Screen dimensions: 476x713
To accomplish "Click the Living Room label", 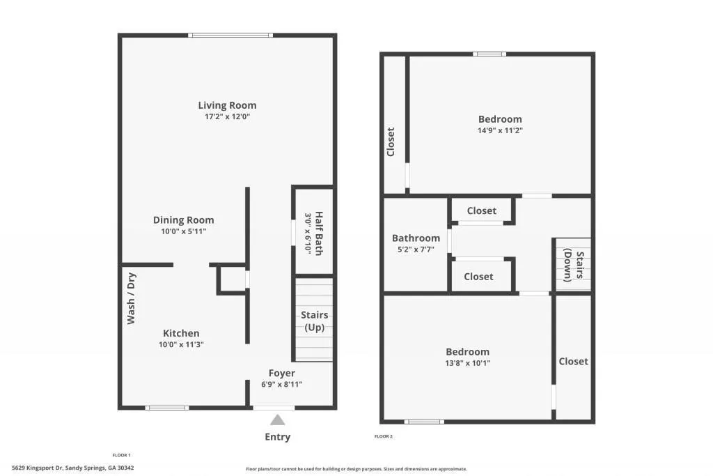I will point(227,105).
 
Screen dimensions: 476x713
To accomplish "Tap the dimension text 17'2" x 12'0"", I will point(227,117).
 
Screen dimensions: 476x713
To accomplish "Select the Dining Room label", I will point(183,220).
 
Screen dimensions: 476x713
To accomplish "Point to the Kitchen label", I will point(181,333).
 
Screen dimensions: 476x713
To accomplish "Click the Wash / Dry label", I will point(131,298).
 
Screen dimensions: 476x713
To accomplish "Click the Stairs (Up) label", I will point(314,321).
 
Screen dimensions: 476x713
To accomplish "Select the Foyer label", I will point(281,373).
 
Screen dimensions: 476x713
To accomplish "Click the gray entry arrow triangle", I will point(277,420).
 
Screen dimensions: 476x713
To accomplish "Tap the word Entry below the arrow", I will point(277,437).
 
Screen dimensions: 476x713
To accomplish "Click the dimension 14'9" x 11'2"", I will point(500,130).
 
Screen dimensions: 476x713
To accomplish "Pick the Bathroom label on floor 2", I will point(416,238).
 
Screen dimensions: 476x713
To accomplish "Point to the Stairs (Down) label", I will point(572,265).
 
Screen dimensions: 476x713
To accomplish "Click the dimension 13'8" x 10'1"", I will point(467,363).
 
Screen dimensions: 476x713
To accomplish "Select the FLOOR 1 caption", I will point(121,455).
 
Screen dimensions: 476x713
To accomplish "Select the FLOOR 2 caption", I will point(383,437).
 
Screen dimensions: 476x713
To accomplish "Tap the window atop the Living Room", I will point(230,36).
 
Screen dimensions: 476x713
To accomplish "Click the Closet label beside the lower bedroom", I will point(573,361).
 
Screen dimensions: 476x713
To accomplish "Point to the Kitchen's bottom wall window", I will point(167,408).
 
